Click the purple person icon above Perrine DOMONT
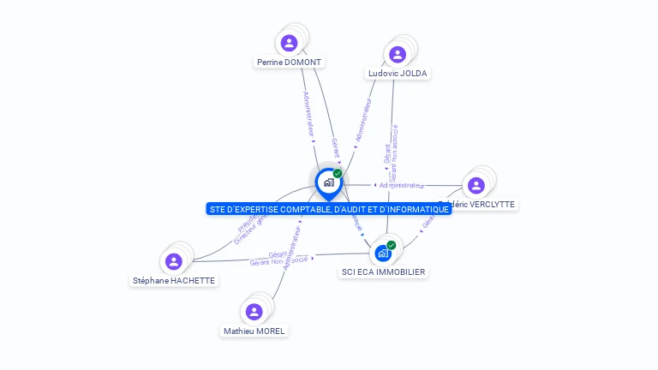click(290, 42)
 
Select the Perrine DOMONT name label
click(290, 63)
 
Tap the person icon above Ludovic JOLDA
click(398, 54)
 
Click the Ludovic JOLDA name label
click(398, 74)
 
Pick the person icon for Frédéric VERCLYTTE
click(476, 185)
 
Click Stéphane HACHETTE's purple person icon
click(174, 261)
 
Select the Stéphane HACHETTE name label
click(174, 281)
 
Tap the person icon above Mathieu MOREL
click(254, 312)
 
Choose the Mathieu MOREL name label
click(254, 331)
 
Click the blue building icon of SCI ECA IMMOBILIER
click(382, 254)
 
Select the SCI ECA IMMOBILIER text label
click(383, 272)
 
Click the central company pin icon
click(328, 182)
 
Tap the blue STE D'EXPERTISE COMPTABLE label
click(329, 209)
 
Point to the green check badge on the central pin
click(338, 173)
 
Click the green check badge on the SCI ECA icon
click(392, 245)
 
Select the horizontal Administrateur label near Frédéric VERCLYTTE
click(401, 185)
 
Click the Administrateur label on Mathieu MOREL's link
click(292, 246)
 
